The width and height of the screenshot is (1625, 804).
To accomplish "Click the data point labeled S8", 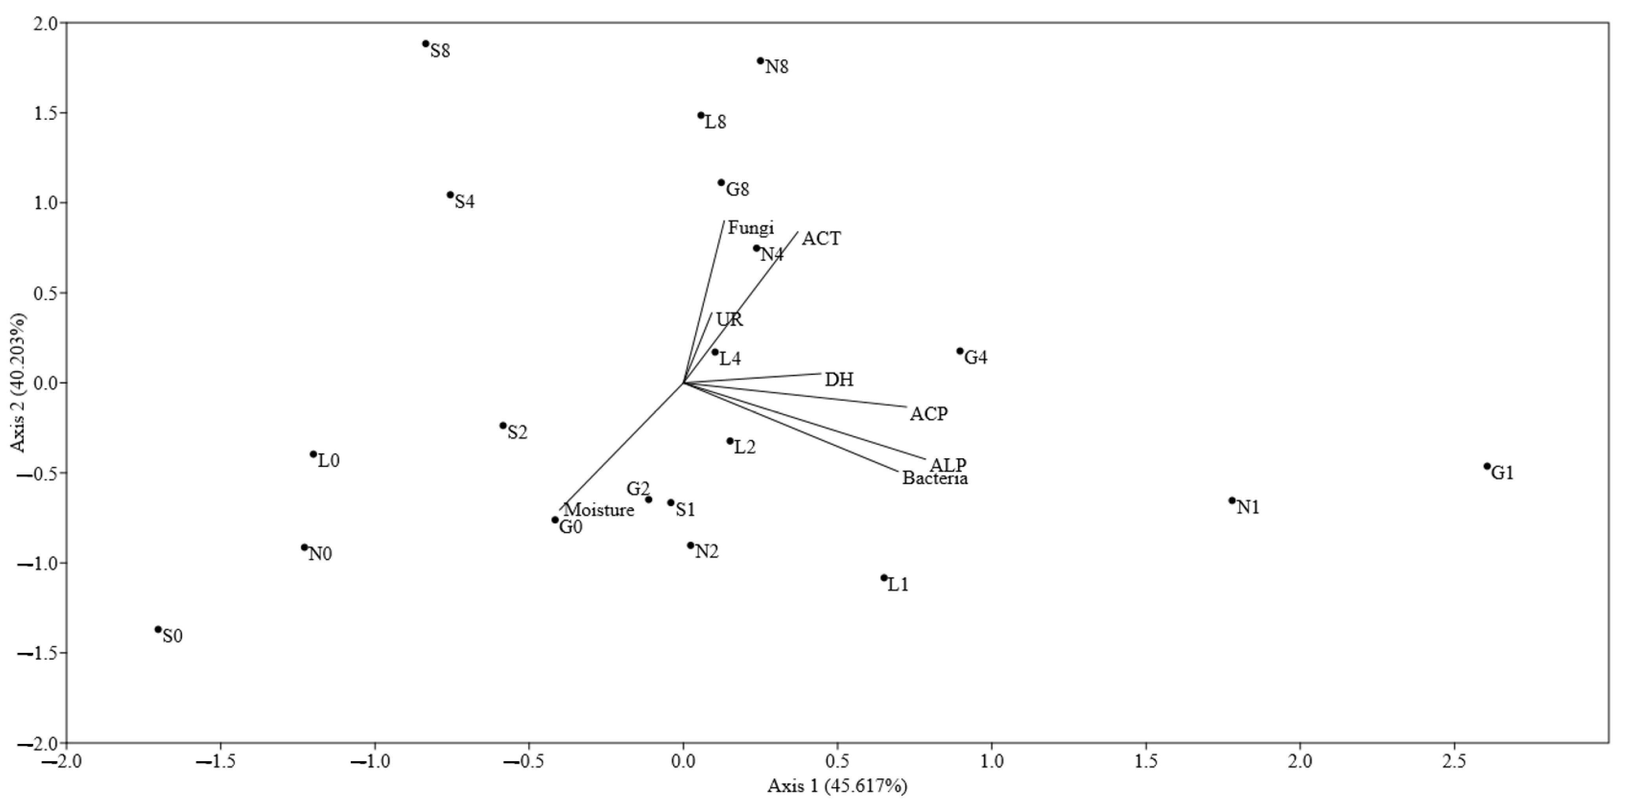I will coord(426,44).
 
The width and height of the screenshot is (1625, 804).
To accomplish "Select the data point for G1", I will coord(1487,466).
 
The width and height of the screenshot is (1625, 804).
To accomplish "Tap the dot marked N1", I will coord(1232,501).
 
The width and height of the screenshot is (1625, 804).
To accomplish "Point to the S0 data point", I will coord(158,629).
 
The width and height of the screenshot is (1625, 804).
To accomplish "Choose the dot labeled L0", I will coord(314,454).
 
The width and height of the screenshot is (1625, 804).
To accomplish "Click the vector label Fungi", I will coord(751,228).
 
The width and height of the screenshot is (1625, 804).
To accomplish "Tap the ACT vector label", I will coord(821,239).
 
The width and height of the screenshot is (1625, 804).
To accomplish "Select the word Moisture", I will coord(599,510).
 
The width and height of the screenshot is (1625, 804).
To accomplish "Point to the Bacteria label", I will coord(935,479).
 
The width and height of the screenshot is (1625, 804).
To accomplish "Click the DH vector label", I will coord(839,380).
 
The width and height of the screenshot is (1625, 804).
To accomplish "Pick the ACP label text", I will coord(929,414).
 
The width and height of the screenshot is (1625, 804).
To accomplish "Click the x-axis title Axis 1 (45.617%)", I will coord(837,786).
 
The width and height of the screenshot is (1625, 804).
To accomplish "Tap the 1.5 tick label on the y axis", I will coord(44,114).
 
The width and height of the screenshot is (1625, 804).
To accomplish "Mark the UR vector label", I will coord(730,320).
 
